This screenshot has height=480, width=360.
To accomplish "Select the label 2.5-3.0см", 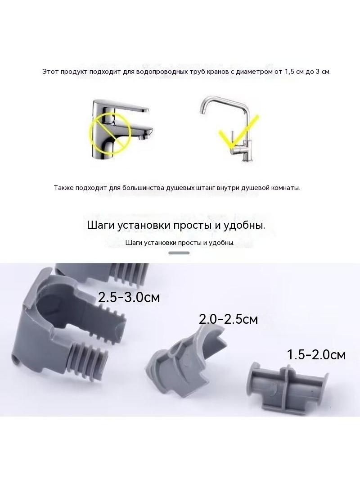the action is coord(129,297).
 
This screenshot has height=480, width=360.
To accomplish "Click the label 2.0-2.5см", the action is coord(228,319).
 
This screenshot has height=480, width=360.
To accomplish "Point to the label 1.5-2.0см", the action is coord(316,354).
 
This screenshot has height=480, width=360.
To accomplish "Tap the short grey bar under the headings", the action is coord(179,253).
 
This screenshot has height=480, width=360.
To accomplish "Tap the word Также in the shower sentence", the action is coord(63,188).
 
